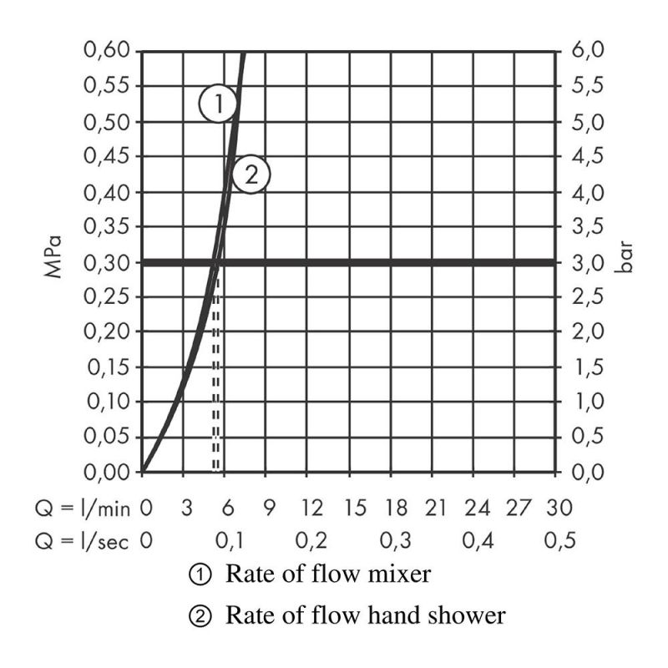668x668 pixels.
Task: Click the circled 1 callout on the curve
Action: coord(217,104)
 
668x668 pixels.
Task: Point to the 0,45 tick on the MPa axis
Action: coord(108,157)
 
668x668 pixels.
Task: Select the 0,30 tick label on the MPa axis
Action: coord(108,262)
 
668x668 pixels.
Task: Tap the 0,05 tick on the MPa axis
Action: coord(108,437)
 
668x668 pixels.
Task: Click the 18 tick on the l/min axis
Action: coord(395,507)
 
